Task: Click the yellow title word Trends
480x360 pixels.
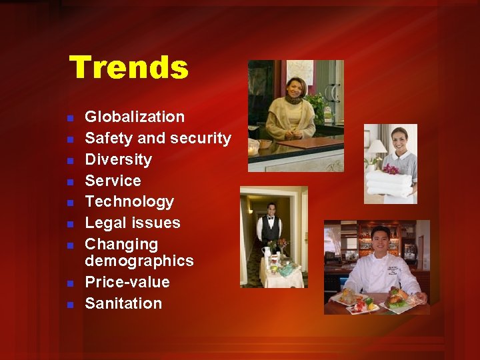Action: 129,68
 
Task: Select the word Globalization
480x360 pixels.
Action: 135,117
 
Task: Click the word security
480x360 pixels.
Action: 201,138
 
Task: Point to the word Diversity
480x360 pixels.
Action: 118,159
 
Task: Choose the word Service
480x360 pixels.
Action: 113,181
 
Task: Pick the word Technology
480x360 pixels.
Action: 129,201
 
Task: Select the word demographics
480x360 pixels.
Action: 139,261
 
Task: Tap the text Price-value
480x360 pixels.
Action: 127,282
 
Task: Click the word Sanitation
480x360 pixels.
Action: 123,303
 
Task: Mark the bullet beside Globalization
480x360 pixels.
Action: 70,119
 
